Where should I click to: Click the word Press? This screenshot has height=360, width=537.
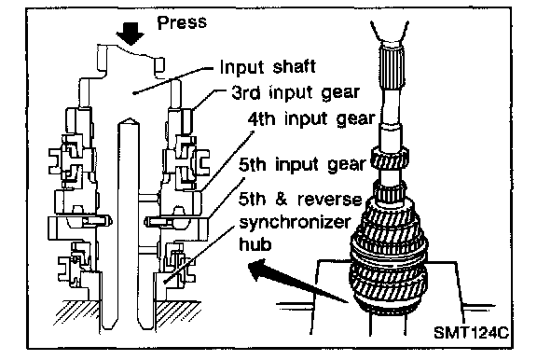pyautogui.click(x=182, y=22)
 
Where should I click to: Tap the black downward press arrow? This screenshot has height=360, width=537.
pyautogui.click(x=130, y=34)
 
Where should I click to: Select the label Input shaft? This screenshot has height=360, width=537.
pyautogui.click(x=268, y=67)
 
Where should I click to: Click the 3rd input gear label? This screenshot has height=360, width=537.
pyautogui.click(x=296, y=93)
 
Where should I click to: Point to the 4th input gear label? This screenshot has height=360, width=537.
pyautogui.click(x=311, y=119)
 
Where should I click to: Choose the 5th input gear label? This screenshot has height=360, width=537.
pyautogui.click(x=302, y=165)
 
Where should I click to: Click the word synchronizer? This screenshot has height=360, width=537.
pyautogui.click(x=295, y=222)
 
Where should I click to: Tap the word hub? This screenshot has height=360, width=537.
pyautogui.click(x=255, y=244)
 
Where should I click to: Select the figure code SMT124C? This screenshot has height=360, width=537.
pyautogui.click(x=472, y=332)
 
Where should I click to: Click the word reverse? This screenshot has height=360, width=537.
pyautogui.click(x=329, y=200)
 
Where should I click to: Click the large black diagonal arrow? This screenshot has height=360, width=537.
pyautogui.click(x=297, y=281)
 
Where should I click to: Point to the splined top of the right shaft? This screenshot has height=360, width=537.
pyautogui.click(x=392, y=67)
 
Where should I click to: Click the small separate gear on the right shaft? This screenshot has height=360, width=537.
pyautogui.click(x=390, y=158)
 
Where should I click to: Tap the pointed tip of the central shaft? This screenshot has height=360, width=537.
pyautogui.click(x=129, y=120)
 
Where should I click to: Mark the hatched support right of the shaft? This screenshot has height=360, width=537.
pyautogui.click(x=177, y=313)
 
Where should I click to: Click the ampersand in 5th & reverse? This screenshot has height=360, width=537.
pyautogui.click(x=282, y=200)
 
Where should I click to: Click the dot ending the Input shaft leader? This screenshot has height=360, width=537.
pyautogui.click(x=134, y=92)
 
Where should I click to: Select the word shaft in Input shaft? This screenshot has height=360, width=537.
pyautogui.click(x=295, y=67)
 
